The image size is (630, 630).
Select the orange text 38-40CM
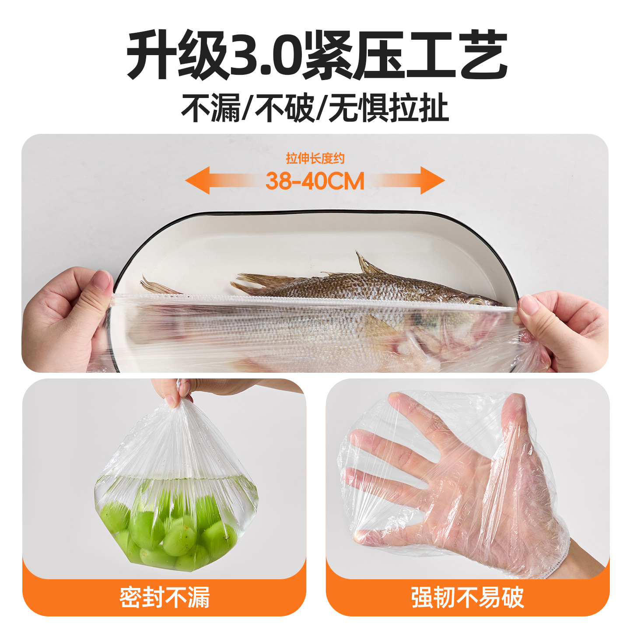pos(315,181)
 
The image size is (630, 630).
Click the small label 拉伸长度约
pos(315,158)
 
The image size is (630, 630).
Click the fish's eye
pos(476,301)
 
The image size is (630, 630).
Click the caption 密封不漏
pos(164,598)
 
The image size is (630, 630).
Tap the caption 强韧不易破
pos(467,598)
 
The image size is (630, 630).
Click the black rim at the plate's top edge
pos(315,212)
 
